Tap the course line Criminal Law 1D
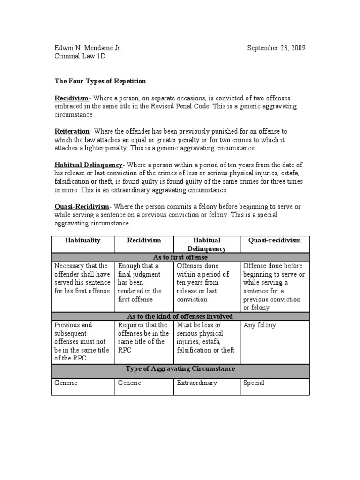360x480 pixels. [x=80, y=57]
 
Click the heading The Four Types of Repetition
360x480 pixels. [x=100, y=81]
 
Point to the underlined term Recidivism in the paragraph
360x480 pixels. [x=72, y=98]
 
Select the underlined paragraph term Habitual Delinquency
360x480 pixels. [x=89, y=165]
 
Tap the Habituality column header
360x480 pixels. [x=82, y=240]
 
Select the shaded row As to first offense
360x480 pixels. [x=180, y=257]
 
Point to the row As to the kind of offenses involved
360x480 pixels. [x=180, y=316]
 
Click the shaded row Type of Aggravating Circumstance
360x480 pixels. [x=180, y=369]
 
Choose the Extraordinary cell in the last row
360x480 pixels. [x=197, y=383]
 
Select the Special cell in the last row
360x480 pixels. [x=254, y=383]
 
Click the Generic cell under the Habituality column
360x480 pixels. [x=66, y=383]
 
